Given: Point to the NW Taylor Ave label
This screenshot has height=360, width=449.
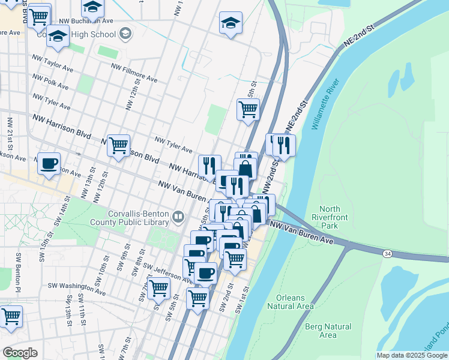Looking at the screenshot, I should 52,65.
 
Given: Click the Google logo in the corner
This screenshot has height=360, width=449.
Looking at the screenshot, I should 20,352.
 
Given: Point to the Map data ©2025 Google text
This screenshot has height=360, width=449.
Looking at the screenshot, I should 411,355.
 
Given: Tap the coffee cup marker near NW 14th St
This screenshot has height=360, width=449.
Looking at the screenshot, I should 49,163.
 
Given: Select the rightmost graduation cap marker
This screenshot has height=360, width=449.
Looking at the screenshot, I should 231,23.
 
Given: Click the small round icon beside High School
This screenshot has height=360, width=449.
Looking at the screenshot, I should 125,34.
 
